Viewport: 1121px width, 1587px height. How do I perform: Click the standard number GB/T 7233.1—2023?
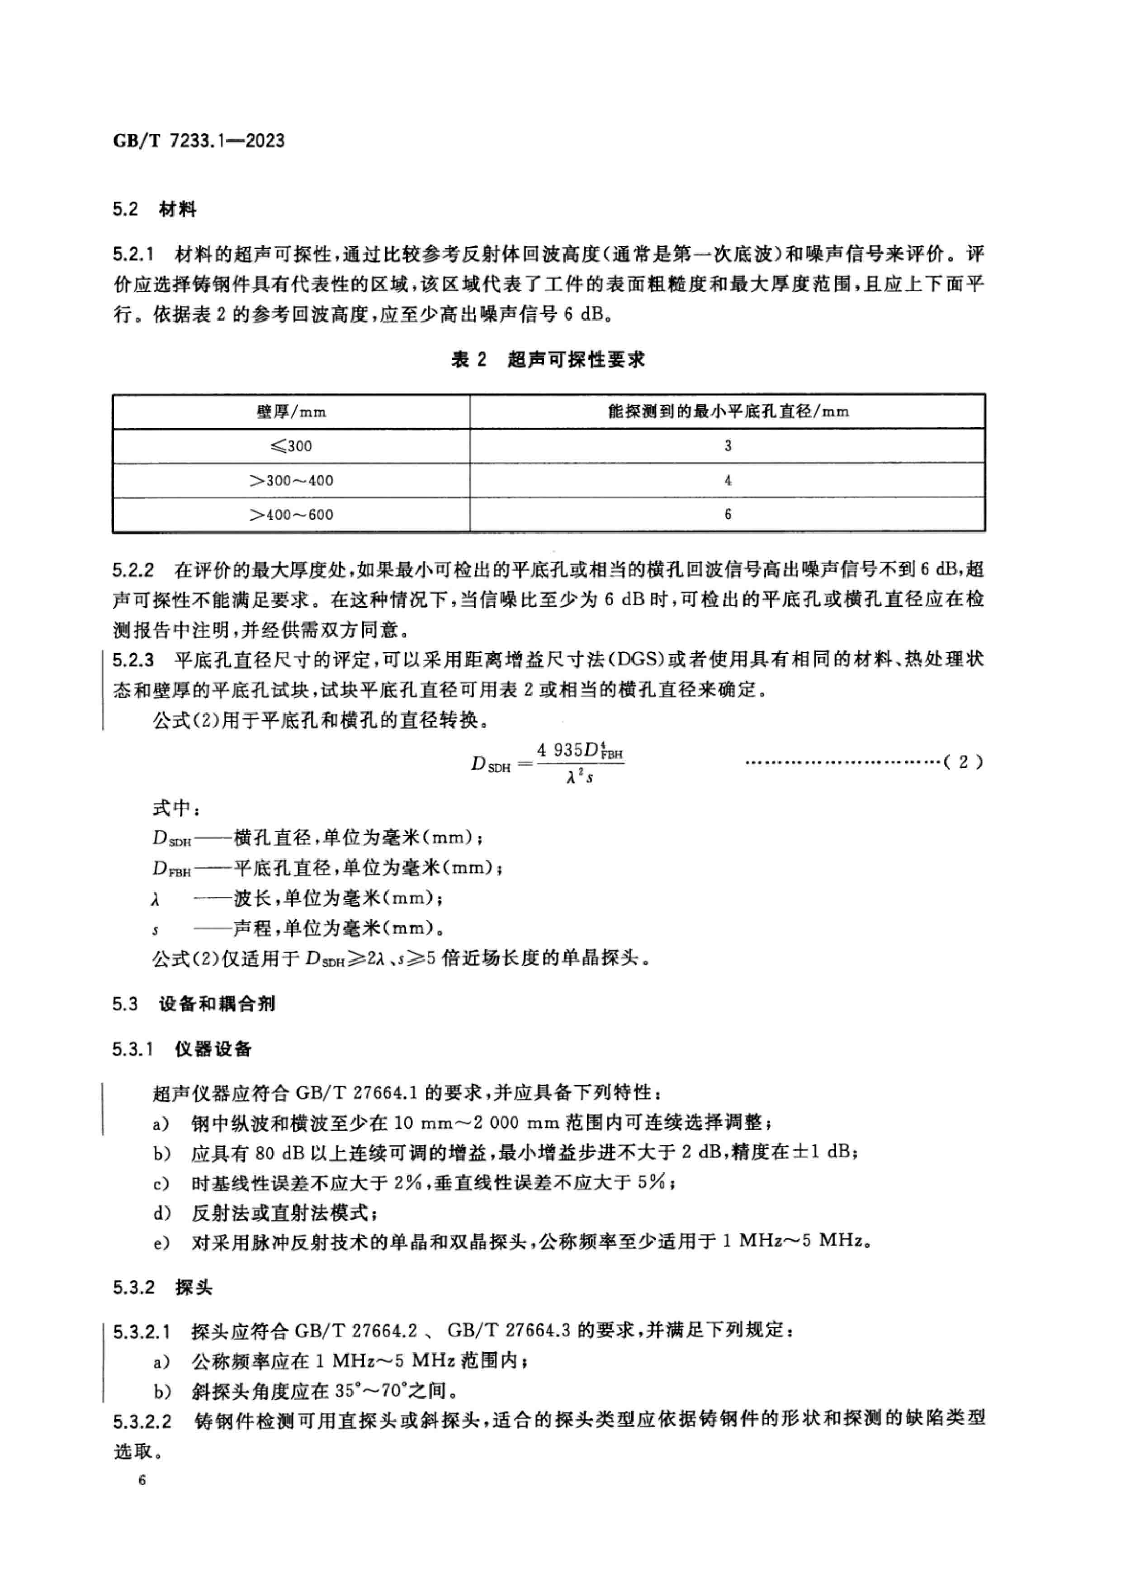click(x=199, y=141)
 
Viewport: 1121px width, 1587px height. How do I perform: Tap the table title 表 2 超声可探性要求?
click(x=547, y=360)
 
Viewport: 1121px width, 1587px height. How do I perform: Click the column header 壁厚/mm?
click(x=291, y=412)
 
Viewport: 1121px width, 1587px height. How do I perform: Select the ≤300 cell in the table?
click(x=291, y=446)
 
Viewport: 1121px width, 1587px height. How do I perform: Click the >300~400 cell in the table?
click(x=291, y=480)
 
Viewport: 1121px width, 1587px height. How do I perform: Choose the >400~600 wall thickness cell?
click(x=291, y=515)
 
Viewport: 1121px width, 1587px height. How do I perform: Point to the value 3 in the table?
click(x=728, y=446)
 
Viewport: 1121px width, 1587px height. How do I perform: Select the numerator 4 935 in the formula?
click(x=560, y=750)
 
